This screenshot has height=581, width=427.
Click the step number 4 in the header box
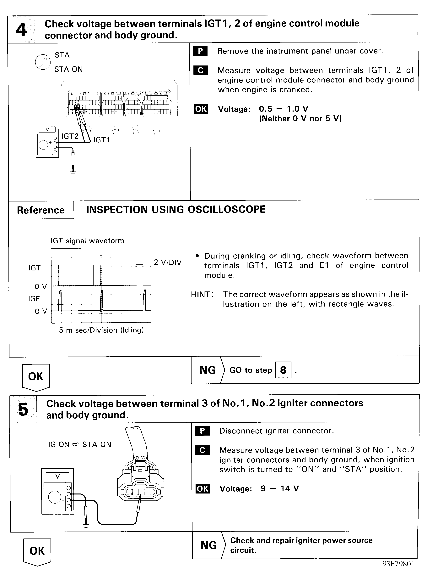pyautogui.click(x=21, y=30)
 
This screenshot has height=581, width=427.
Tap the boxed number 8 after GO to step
pyautogui.click(x=283, y=370)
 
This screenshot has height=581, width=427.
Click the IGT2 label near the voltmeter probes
pyautogui.click(x=70, y=136)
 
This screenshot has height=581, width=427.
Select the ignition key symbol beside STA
pyautogui.click(x=43, y=62)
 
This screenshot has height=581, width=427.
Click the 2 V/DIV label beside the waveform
pyautogui.click(x=167, y=262)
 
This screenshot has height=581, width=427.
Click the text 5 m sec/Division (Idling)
pyautogui.click(x=101, y=330)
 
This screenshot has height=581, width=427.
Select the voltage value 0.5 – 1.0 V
pyautogui.click(x=284, y=109)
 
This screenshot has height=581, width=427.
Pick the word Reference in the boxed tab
pyautogui.click(x=41, y=210)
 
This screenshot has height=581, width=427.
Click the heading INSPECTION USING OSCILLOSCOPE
pyautogui.click(x=176, y=209)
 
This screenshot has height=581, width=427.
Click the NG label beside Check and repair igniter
pyautogui.click(x=208, y=545)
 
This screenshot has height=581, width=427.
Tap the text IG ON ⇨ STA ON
pyautogui.click(x=80, y=445)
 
